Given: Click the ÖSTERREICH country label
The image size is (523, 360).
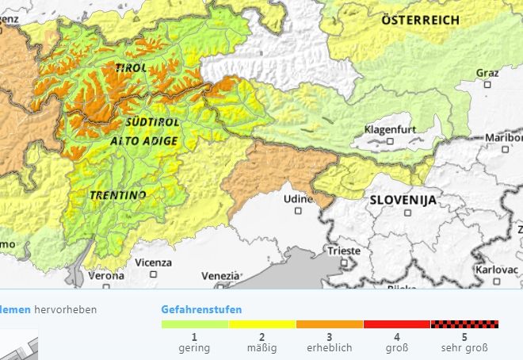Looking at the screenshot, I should click(421, 20).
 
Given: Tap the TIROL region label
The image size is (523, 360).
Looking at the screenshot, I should click(132, 68).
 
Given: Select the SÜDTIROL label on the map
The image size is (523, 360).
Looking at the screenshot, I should click(152, 123).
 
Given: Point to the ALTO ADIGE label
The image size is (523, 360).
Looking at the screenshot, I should click(144, 140).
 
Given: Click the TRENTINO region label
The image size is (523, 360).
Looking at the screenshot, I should click(117, 194).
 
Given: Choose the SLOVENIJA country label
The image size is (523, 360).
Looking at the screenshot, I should click(403, 201).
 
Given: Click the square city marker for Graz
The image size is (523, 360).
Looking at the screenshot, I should click(487, 84).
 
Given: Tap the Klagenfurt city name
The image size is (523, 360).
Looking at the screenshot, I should click(391, 129).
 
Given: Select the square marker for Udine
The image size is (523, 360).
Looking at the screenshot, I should click(298, 210).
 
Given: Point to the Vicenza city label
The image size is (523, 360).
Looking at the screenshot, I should click(153, 262).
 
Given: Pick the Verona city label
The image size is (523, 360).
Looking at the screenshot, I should click(106, 276).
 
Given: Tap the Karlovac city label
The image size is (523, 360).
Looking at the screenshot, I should click(497, 270).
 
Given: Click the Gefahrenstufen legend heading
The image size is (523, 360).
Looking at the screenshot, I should click(201, 309).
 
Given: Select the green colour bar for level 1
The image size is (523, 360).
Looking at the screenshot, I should click(195, 324).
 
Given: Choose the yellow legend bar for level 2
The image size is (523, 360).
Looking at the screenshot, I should click(262, 324).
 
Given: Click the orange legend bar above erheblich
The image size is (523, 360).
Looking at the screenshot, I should click(330, 324).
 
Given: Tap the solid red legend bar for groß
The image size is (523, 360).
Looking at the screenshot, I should click(397, 324).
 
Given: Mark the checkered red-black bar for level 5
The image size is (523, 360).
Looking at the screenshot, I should click(464, 324).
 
